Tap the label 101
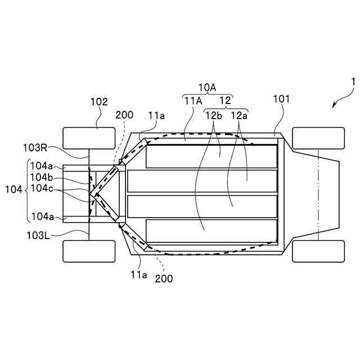(281, 99)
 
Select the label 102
(99, 102)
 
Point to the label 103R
(35, 147)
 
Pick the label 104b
(42, 178)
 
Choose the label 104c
(42, 188)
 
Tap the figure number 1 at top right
(352, 82)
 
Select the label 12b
(214, 115)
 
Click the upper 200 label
(124, 115)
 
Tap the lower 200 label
(164, 278)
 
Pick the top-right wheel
(318, 138)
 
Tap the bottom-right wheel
(318, 251)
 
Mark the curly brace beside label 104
(28, 191)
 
